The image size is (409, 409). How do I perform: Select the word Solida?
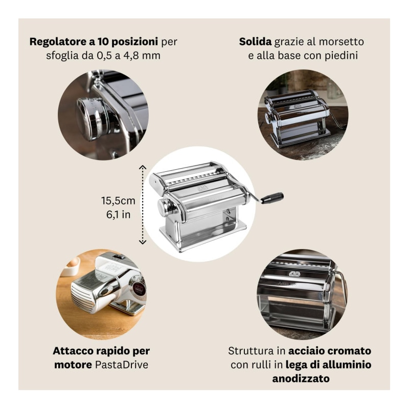coord(255,42)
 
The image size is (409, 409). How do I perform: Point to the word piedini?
coord(342,56)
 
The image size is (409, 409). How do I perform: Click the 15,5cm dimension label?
coord(118,200)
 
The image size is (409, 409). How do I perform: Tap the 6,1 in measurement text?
coord(118,214)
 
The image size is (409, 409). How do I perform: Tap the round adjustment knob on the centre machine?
coord(164,207)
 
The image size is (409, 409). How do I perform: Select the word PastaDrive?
coord(121,365)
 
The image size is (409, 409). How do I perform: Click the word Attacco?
coord(73,351)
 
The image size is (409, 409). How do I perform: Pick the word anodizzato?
coord(301,378)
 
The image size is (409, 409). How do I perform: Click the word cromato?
coord(350,351)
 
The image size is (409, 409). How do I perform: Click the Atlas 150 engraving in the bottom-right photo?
coord(287,284)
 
